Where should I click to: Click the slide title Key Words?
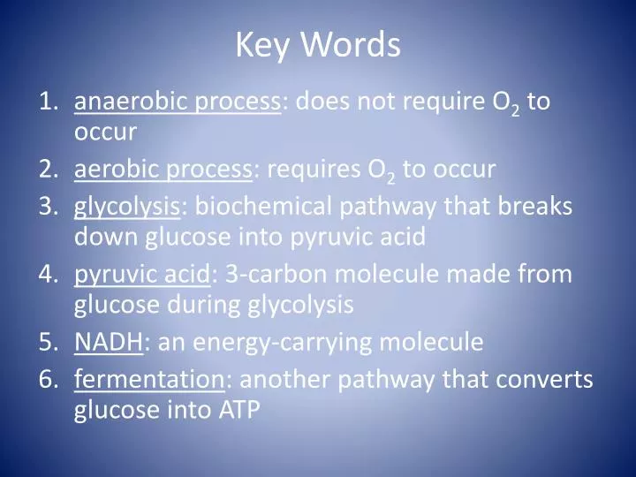pyautogui.click(x=318, y=45)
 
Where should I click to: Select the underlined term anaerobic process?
pyautogui.click(x=177, y=102)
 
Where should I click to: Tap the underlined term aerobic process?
pyautogui.click(x=163, y=169)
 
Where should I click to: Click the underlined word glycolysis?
pyautogui.click(x=127, y=207)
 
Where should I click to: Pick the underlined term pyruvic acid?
pyautogui.click(x=142, y=274)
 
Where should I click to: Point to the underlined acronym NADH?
pyautogui.click(x=108, y=341)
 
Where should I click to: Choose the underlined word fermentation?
pyautogui.click(x=149, y=379)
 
